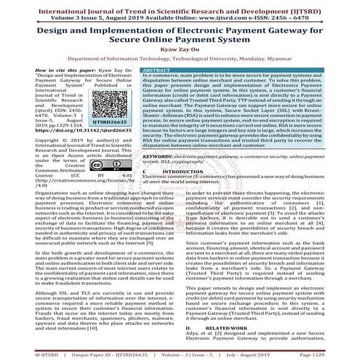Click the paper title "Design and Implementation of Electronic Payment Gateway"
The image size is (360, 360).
180,31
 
